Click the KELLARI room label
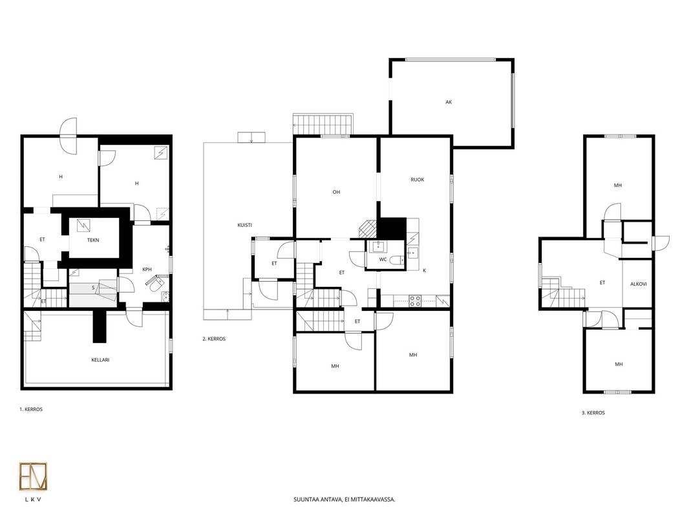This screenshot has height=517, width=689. pos(100,360)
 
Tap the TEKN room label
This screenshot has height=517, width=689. pos(93,240)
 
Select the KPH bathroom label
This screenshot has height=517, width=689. pos(147,269)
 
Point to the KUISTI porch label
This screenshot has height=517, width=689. pos(244,226)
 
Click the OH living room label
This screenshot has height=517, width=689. pos(336,192)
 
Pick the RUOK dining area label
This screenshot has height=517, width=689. pos(418,180)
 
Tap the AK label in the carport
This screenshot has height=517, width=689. pos(449,102)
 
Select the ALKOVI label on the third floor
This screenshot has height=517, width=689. pos(639,284)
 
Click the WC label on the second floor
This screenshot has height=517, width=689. pos(383,260)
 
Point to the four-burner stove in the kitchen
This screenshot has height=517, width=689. pos(415,301)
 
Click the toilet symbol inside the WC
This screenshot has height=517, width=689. pos(396,260)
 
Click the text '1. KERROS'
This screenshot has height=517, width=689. pos(31,409)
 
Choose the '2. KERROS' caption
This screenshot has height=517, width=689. pos(214,339)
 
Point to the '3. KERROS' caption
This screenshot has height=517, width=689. pos(593,413)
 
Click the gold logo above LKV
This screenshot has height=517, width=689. pos(34,476)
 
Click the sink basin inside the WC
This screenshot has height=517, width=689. pos(377,247)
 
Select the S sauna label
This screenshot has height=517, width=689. pos(93,288)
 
